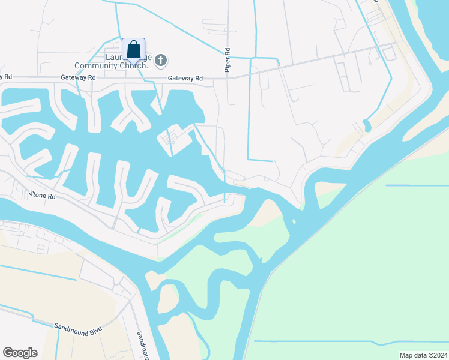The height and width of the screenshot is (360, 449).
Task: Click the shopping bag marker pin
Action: pyautogui.click(x=133, y=49)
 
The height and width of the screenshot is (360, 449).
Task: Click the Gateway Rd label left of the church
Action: pyautogui.click(x=78, y=78)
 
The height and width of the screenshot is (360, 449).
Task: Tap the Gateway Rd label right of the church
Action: pyautogui.click(x=185, y=79)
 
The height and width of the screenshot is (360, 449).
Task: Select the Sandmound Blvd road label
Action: pyautogui.click(x=78, y=328)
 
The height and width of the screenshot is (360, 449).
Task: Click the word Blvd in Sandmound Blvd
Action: pyautogui.click(x=95, y=331)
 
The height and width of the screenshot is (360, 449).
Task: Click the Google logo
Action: pyautogui.click(x=20, y=353)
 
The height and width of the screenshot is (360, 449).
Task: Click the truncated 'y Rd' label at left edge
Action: pyautogui.click(x=5, y=77)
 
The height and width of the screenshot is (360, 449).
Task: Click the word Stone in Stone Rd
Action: pyautogui.click(x=37, y=194)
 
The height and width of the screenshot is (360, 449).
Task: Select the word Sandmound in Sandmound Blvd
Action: pyautogui.click(x=70, y=326)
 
